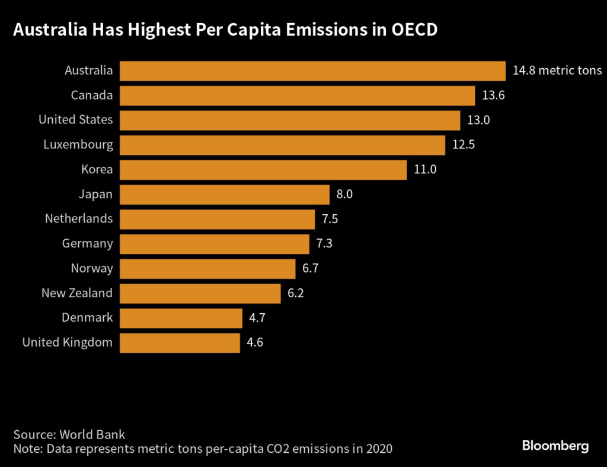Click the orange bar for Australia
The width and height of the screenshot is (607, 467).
click(312, 71)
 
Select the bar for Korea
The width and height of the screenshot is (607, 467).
click(263, 170)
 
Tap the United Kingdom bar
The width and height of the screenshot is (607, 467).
click(180, 342)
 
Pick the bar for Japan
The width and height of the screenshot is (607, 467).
click(224, 194)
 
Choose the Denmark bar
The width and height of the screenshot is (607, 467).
click(181, 317)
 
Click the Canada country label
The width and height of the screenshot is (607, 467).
click(91, 95)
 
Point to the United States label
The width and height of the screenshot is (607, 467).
click(75, 120)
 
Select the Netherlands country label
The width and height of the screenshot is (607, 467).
click(79, 218)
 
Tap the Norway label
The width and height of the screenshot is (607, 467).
click(92, 268)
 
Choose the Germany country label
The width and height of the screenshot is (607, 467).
click(87, 243)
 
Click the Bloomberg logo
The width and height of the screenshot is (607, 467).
click(555, 446)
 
